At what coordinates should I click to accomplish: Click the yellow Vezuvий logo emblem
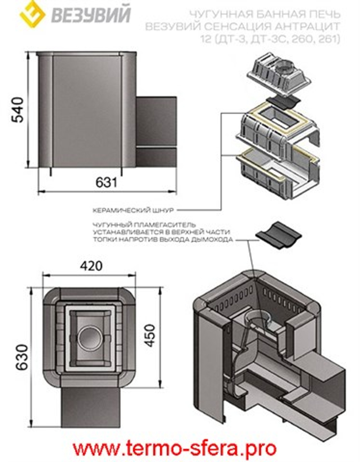click(32, 14)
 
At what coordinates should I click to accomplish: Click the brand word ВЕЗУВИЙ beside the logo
click(91, 15)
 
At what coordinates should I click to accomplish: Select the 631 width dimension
click(106, 182)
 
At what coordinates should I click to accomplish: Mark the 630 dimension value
click(22, 357)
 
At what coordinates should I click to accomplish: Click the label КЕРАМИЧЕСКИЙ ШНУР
click(133, 210)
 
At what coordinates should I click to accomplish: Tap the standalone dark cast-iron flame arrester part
click(278, 234)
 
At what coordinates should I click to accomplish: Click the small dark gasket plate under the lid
click(283, 102)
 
